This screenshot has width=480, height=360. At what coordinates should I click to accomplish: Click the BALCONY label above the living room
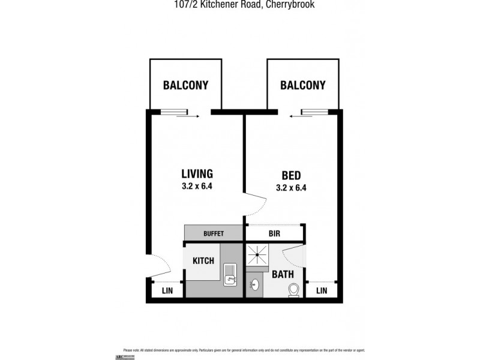pos(185,85)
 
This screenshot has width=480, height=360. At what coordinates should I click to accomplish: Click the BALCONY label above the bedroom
pos(303,85)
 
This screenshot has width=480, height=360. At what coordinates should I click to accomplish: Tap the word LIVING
pos(197,174)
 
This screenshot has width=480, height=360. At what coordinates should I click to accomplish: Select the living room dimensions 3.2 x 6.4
pos(197,186)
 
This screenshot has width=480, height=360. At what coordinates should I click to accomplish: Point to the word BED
pos(291,176)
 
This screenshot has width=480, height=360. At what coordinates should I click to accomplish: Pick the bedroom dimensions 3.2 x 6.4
pos(291,188)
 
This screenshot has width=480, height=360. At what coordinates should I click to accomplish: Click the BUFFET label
pos(213,233)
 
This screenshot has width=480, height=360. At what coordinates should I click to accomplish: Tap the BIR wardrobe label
pos(274,233)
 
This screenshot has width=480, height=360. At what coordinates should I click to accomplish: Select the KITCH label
pos(203,261)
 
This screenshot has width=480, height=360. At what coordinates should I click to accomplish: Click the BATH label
pos(283,275)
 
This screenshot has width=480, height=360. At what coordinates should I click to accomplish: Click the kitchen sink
pos(230,275)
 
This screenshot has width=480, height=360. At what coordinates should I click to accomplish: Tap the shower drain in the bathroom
pos(259,254)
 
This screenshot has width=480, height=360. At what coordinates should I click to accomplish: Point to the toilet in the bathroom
pos(294,290)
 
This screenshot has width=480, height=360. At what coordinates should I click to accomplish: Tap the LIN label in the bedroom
pos(322,290)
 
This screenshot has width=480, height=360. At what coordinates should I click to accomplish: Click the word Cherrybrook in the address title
pos(286,4)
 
